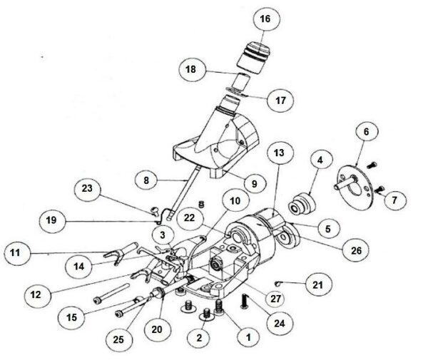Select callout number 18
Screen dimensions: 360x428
click(x=191, y=71)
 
